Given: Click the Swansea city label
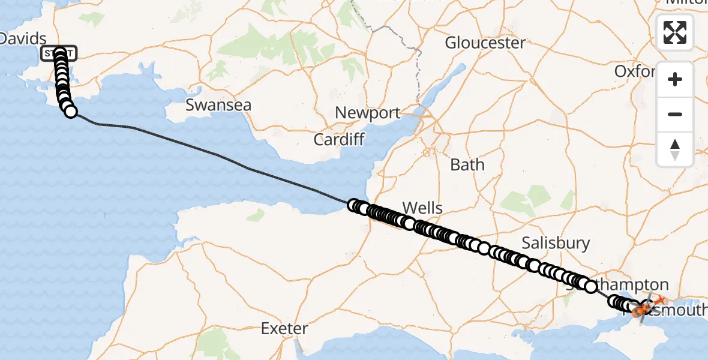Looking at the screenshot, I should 218,105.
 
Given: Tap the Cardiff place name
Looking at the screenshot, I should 339,140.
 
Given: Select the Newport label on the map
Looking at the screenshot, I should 368,113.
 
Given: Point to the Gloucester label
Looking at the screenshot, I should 485,43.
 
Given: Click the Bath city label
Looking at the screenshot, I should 467,164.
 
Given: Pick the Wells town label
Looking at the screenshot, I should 422,208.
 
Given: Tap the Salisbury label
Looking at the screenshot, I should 556,243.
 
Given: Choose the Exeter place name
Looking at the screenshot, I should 284,329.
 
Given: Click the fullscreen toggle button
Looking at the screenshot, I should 675,32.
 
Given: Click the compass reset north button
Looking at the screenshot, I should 675,149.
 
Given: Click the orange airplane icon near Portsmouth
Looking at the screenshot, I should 660,299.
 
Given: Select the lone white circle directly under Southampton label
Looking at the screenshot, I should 591,287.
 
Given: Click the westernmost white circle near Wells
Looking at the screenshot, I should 353,206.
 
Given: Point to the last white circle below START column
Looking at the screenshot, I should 71,111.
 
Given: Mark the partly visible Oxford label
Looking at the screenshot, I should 634,71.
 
